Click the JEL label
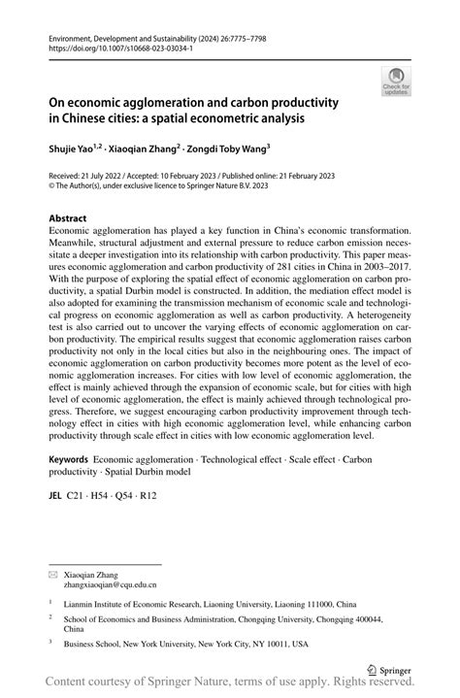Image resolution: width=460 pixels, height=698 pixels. (55, 495)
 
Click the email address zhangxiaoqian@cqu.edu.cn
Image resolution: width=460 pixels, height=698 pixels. (110, 585)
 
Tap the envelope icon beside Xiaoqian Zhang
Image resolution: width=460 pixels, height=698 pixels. (54, 574)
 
